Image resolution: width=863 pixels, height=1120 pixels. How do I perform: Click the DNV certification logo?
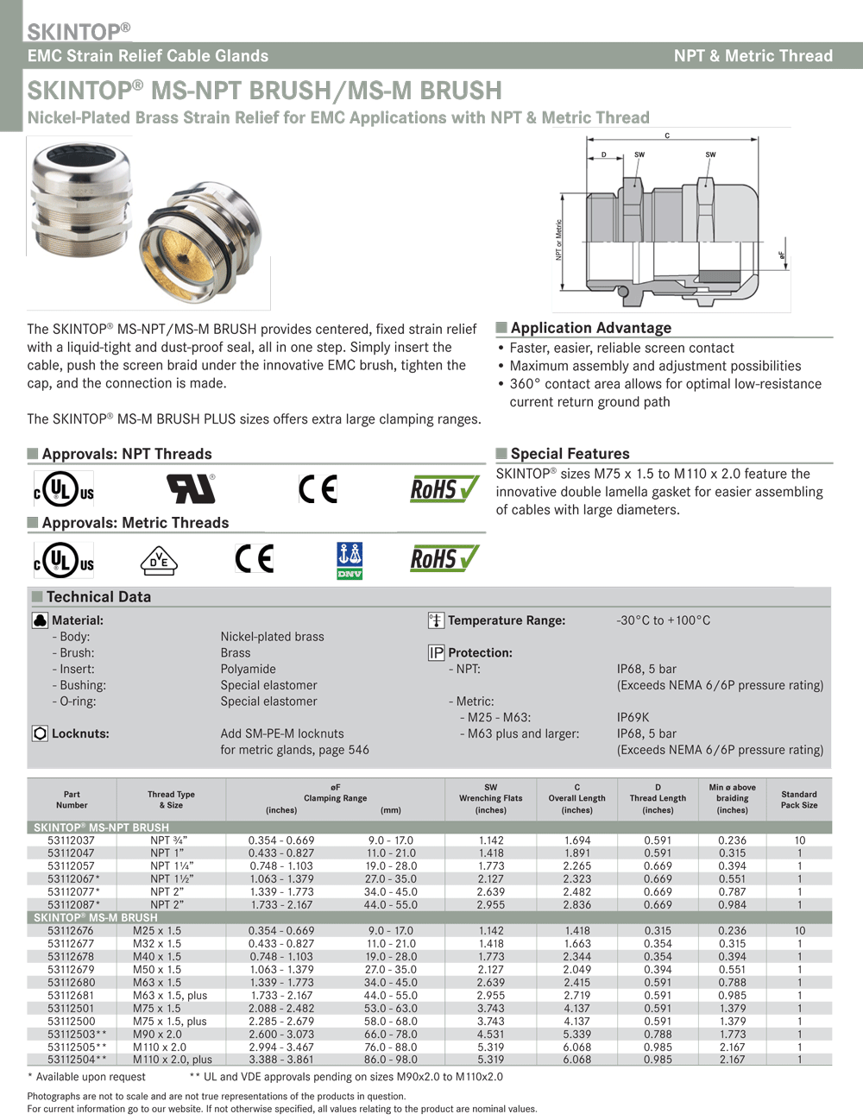coord(350,560)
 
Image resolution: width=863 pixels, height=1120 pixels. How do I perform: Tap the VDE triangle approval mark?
coord(159,561)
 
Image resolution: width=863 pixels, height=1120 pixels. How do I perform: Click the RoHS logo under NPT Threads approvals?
coord(444,489)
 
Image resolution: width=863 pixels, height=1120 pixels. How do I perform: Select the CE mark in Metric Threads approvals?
coord(255,559)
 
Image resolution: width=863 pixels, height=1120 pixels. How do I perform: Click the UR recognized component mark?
coord(191,489)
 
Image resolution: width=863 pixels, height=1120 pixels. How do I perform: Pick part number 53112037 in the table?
coord(71,840)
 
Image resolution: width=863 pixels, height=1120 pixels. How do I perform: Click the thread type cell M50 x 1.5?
coord(157,970)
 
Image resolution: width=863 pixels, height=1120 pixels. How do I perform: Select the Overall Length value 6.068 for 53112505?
coord(577,1048)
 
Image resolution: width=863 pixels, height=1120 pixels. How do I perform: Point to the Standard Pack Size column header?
coord(799,800)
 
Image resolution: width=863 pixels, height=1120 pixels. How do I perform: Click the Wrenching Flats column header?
coord(490,799)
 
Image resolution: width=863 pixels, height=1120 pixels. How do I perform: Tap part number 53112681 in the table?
coord(71,996)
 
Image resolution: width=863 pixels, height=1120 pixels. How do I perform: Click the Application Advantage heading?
coord(590,328)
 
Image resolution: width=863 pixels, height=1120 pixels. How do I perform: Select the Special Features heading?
coord(570,454)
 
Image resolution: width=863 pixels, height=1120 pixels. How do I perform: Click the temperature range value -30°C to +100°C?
coord(663,620)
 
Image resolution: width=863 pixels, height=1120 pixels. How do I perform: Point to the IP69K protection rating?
coord(633,718)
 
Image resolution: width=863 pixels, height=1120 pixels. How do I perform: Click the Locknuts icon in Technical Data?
coord(40,733)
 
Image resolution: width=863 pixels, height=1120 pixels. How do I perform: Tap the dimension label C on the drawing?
coord(667,136)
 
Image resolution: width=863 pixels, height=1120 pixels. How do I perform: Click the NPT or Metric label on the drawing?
coord(559,241)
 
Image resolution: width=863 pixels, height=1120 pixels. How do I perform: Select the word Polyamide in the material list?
coord(249,670)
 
